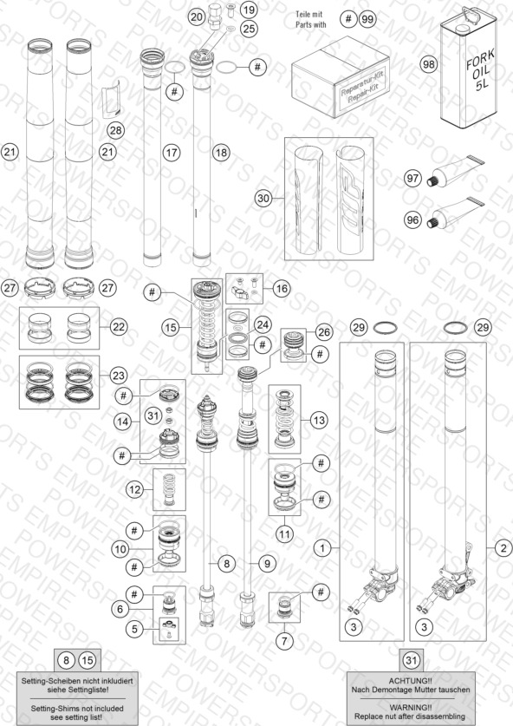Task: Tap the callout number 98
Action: (429, 63)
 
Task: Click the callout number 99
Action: (367, 19)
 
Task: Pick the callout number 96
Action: (412, 219)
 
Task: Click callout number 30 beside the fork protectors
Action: (263, 199)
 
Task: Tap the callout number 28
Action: (115, 130)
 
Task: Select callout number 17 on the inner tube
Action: (172, 153)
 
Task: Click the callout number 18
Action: (221, 153)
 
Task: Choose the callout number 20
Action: (197, 17)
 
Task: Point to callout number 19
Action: (249, 10)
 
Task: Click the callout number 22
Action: (119, 327)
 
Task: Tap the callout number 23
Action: (119, 375)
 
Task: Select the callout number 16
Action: (282, 289)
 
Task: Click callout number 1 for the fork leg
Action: (322, 548)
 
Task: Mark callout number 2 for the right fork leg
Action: (503, 548)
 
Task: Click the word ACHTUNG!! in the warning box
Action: (410, 681)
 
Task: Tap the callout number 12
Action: (134, 489)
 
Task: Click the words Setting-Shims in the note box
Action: (54, 709)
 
